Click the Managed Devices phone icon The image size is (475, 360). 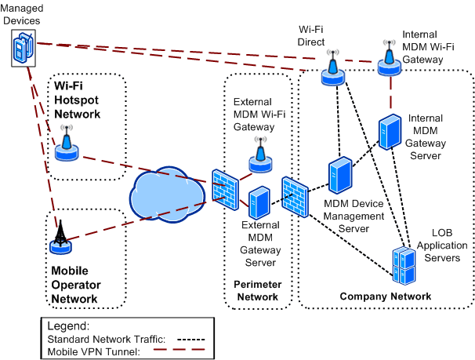click(24, 49)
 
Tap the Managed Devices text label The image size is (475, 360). click(22, 13)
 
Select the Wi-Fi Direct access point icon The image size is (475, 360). click(333, 70)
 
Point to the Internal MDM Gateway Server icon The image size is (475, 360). click(390, 133)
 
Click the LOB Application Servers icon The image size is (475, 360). click(404, 265)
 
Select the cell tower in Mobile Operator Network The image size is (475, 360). click(60, 238)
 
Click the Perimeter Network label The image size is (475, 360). click(257, 290)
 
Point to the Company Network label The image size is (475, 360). click(385, 296)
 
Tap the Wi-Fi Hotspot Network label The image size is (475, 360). click(77, 98)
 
